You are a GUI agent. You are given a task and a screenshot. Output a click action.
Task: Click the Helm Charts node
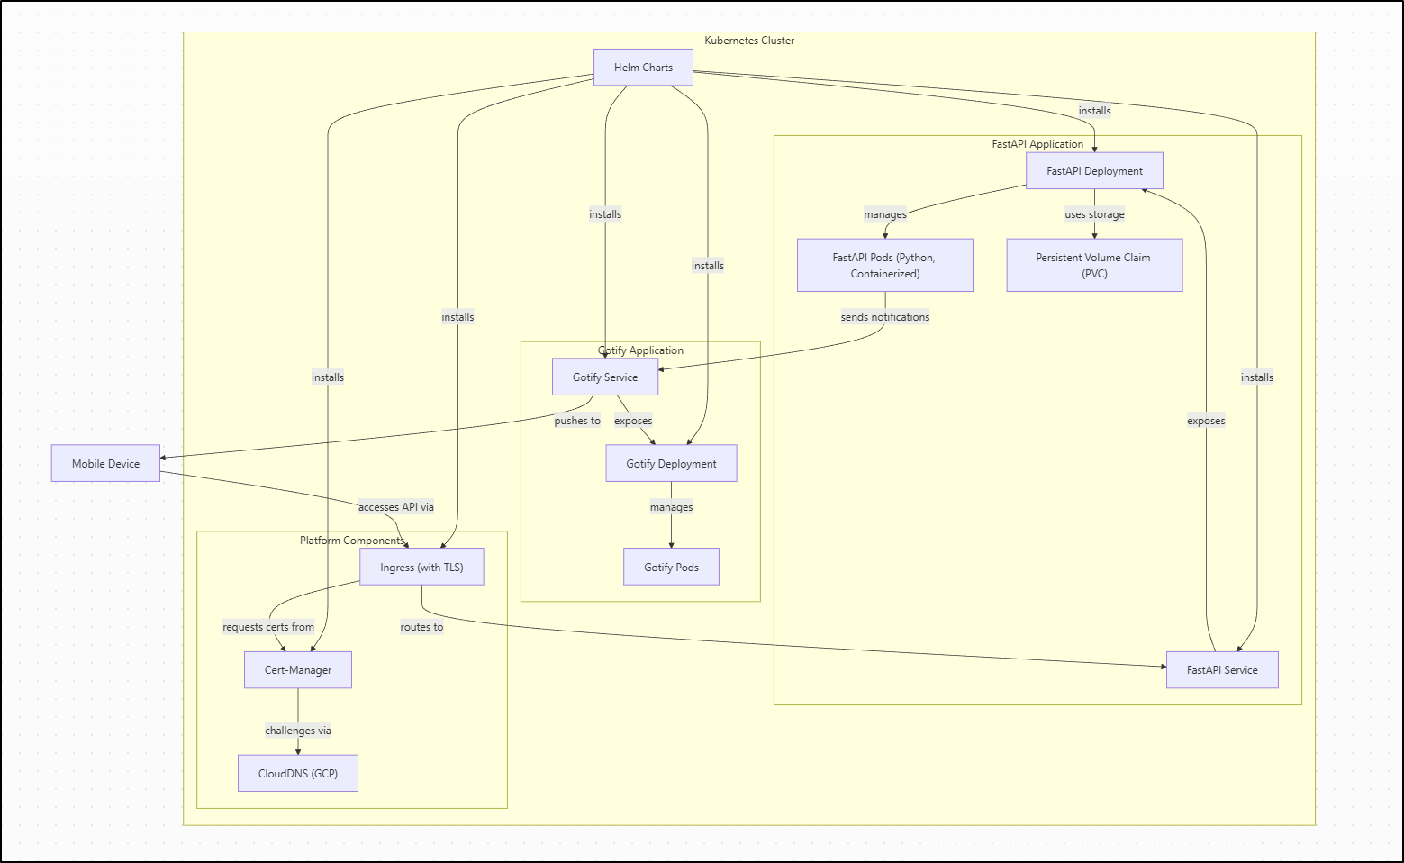643,68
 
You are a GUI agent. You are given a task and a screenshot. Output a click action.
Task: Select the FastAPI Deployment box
1094,171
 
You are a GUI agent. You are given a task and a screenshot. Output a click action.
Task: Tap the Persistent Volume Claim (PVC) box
1094,265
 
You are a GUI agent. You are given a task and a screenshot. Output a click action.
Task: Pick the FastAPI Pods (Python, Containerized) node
884,265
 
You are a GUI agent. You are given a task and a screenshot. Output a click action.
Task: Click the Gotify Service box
605,377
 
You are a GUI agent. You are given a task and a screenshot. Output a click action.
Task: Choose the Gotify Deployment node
671,464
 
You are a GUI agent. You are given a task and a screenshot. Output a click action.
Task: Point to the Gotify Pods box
671,568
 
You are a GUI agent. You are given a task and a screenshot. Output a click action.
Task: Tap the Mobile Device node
105,464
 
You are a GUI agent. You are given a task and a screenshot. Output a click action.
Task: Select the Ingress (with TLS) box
421,568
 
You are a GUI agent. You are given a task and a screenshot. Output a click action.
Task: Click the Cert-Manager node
298,670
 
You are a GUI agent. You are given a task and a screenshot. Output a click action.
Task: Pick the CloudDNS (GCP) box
298,774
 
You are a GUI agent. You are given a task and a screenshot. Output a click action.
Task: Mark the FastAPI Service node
1222,670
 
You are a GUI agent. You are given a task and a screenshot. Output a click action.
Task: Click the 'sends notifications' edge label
884,317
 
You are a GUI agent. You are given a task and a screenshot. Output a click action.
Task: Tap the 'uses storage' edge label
1094,214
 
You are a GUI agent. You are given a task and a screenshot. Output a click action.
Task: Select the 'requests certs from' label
268,627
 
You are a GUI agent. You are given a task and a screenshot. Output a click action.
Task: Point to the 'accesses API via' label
396,507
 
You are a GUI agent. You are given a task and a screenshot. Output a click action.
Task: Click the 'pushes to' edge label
577,421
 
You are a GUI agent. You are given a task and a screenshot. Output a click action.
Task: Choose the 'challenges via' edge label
298,731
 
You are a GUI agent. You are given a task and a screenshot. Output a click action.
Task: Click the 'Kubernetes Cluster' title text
749,41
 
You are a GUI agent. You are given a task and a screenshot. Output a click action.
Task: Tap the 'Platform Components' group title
352,541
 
